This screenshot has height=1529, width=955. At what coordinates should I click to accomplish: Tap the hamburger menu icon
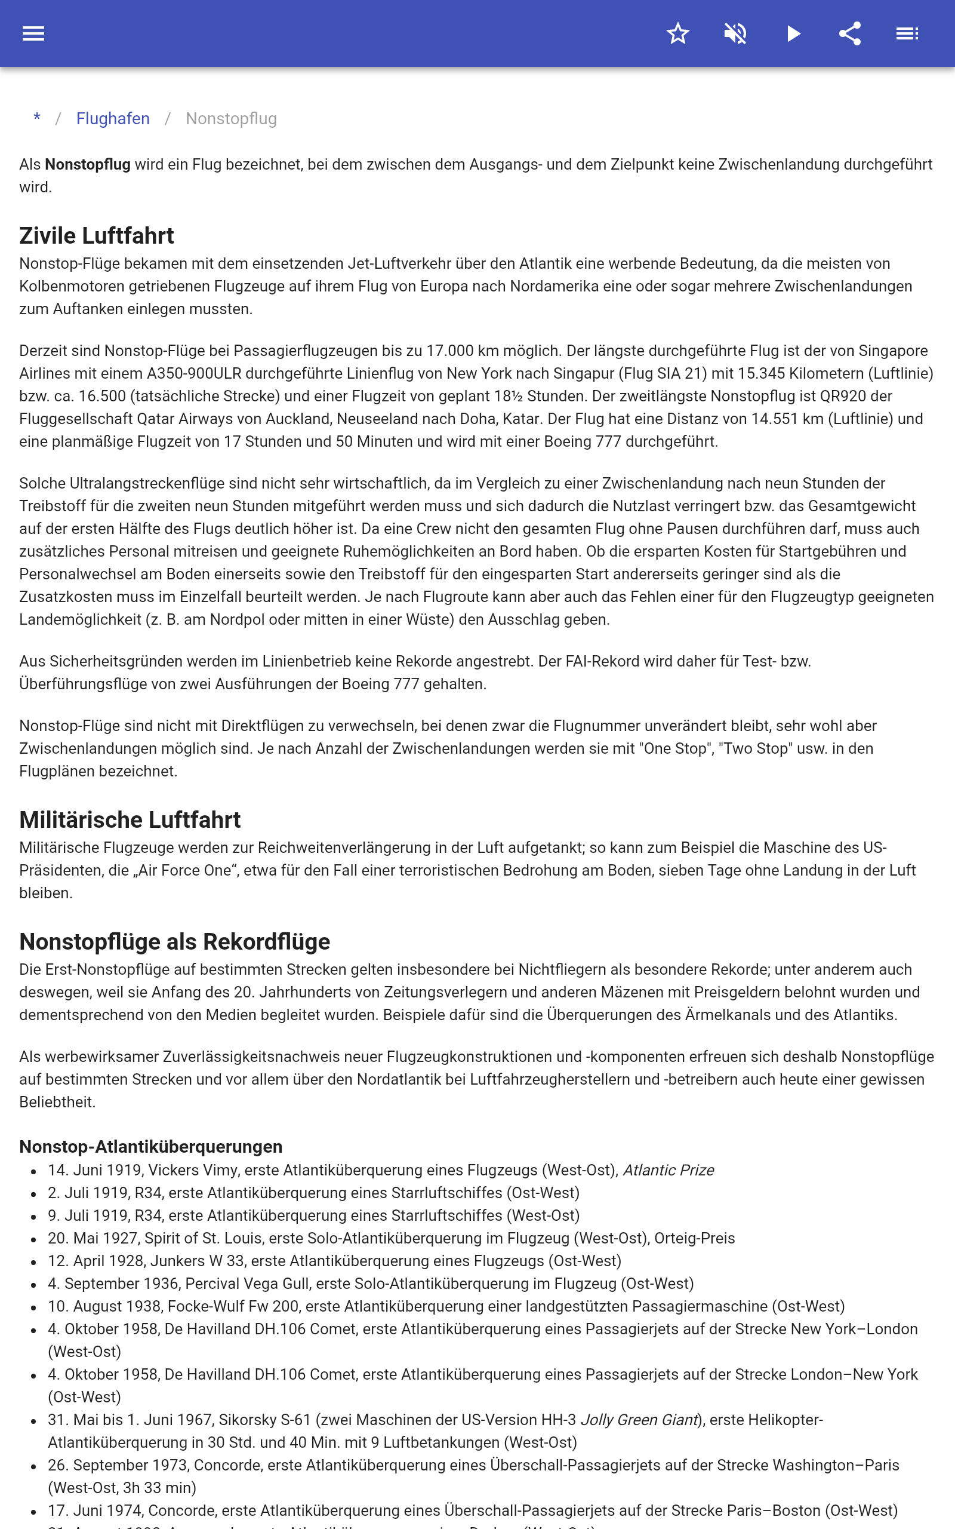33,33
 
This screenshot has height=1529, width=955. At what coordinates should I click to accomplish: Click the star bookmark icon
677,33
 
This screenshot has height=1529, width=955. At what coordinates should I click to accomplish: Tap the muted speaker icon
735,33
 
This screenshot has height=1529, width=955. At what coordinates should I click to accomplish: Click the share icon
850,33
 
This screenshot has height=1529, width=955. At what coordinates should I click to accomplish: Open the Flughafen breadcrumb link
113,119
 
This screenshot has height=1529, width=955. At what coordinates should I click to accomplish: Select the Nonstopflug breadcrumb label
231,119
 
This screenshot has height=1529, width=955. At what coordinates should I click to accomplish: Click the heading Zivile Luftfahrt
97,236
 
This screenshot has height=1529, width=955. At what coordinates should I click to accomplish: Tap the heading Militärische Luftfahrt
130,819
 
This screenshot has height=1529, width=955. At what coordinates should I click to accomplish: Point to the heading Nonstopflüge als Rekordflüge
175,941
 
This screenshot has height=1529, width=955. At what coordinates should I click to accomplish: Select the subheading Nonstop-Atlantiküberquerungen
151,1147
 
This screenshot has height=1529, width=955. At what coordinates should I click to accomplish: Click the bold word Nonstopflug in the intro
88,164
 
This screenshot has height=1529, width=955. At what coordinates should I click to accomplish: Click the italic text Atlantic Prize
668,1170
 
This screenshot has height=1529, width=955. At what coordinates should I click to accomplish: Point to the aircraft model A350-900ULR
194,373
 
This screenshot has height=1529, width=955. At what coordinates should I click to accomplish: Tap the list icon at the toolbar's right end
907,33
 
